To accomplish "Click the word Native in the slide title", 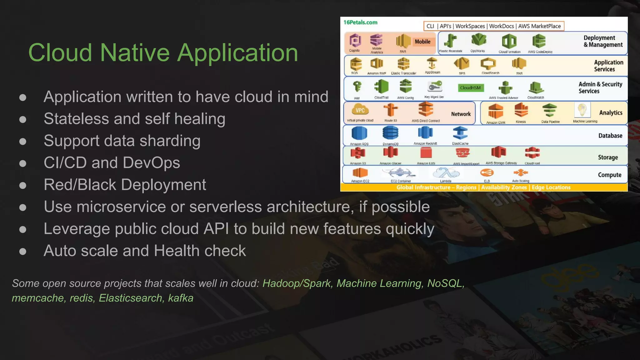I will click(x=135, y=52).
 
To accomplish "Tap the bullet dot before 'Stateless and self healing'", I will click(x=22, y=119).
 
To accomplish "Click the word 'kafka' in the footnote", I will click(x=181, y=298).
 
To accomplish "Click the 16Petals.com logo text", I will click(x=360, y=22).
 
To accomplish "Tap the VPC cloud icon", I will click(x=360, y=110).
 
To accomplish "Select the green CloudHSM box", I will click(x=470, y=88).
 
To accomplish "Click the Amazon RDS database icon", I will click(x=359, y=133).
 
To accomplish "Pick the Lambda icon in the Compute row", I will click(x=446, y=173).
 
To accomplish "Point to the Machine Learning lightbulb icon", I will click(x=582, y=110).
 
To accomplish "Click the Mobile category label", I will click(x=422, y=42).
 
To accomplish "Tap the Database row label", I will click(x=610, y=136).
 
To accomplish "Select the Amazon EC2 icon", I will click(x=360, y=172).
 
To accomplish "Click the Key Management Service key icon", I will click(x=435, y=86).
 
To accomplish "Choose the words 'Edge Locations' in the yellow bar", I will click(x=551, y=187).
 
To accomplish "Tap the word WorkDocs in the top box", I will click(x=501, y=26).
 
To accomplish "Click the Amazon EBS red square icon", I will click(x=426, y=153).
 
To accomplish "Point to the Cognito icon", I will click(x=355, y=41).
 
